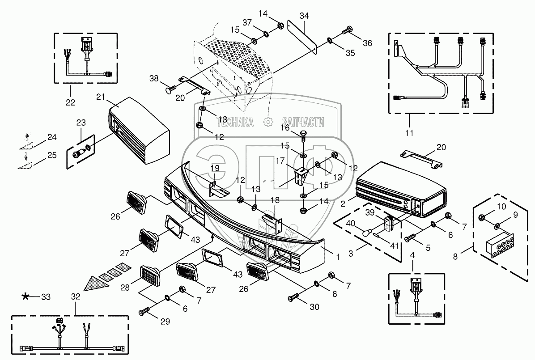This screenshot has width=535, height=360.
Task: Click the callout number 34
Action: click(304, 16)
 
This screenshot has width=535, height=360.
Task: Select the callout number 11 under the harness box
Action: click(409, 132)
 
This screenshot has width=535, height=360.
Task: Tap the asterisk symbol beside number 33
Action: click(25, 296)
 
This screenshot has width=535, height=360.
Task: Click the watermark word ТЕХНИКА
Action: click(235, 122)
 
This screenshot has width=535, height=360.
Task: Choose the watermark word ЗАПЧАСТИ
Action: click(303, 122)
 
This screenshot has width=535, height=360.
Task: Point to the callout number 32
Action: click(76, 296)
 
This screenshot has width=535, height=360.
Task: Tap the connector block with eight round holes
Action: click(500, 245)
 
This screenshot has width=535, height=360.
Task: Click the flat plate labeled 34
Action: click(302, 37)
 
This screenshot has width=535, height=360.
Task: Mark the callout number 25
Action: click(52, 155)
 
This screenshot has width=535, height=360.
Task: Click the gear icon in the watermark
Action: click(268, 122)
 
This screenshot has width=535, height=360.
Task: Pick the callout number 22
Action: click(70, 102)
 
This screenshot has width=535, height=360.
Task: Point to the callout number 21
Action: click(100, 97)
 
